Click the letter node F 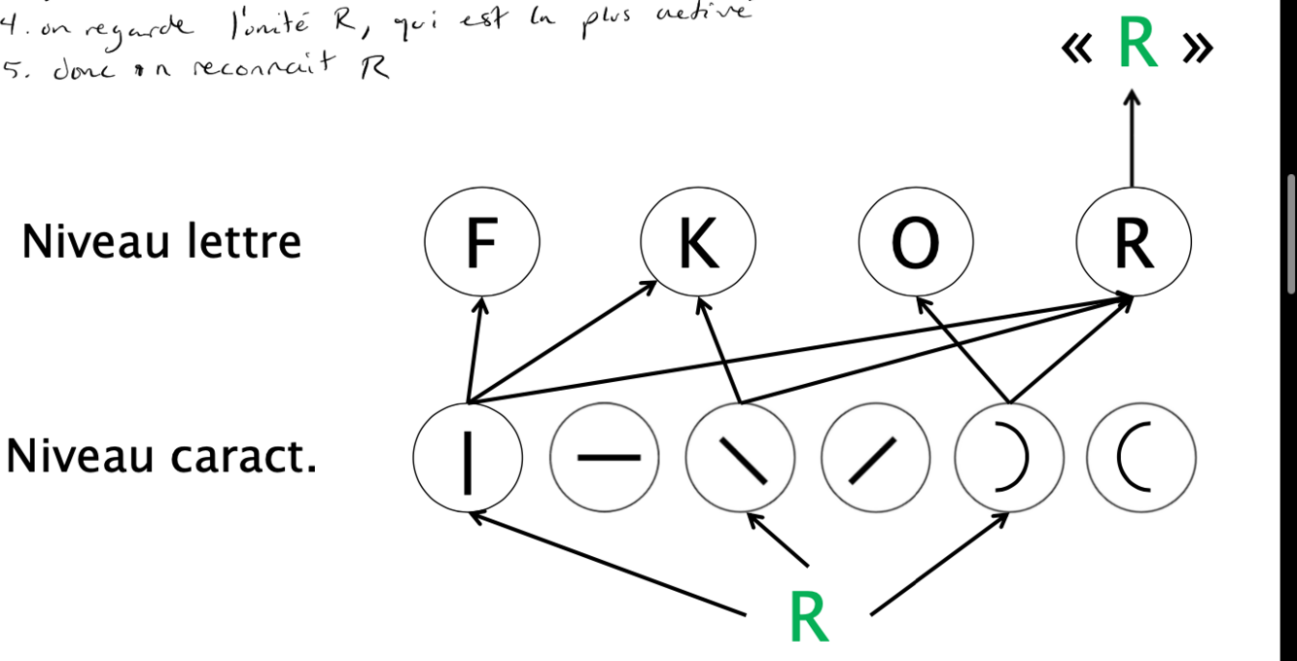coord(481,242)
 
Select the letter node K coord(697,242)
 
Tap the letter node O coord(915,242)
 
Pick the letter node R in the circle coord(1134,242)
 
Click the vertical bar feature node coord(468,458)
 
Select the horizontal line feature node coord(605,458)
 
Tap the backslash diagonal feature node coord(740,458)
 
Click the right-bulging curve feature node coord(1008,458)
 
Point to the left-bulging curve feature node coord(1141,458)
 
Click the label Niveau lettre coord(161,242)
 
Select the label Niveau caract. coord(161,456)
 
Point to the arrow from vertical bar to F coord(473,350)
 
